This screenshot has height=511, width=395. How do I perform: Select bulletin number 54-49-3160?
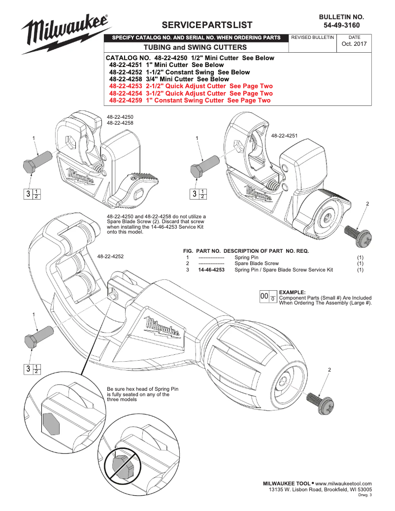pyautogui.click(x=341, y=25)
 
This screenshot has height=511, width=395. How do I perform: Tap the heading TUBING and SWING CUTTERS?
pyautogui.click(x=195, y=47)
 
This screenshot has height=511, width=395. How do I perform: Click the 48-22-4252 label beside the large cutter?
pyautogui.click(x=110, y=256)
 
